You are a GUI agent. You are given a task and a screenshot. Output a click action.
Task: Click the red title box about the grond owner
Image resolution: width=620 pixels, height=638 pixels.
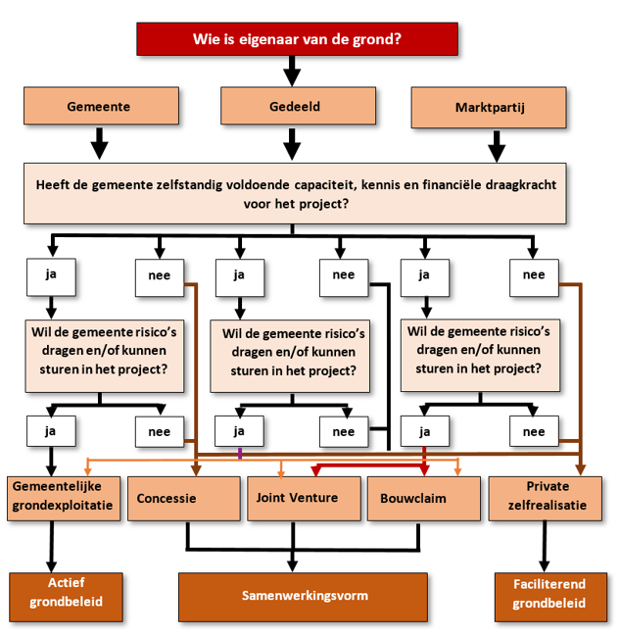(297, 40)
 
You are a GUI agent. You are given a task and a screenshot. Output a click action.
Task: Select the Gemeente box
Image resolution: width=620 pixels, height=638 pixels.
(102, 106)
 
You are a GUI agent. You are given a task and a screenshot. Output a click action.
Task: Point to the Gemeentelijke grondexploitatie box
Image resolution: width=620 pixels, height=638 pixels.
(65, 498)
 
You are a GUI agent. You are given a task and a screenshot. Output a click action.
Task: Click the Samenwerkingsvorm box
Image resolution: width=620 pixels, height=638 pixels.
(303, 595)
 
